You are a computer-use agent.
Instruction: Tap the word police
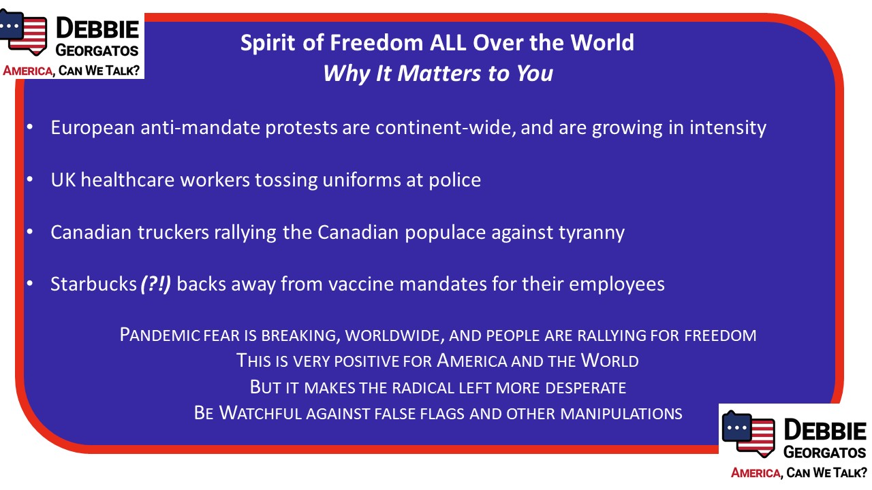454,180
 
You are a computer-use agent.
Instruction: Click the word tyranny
592,233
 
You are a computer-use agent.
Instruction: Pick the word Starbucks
93,284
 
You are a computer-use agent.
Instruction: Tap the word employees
617,284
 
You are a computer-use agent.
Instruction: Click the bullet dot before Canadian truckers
30,232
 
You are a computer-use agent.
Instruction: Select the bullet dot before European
30,127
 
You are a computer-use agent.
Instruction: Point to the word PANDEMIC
159,335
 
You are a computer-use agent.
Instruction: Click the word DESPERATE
585,388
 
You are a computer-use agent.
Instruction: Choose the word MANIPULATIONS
621,413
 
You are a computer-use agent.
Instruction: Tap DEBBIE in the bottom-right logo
824,430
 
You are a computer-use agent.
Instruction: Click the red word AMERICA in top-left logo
28,71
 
